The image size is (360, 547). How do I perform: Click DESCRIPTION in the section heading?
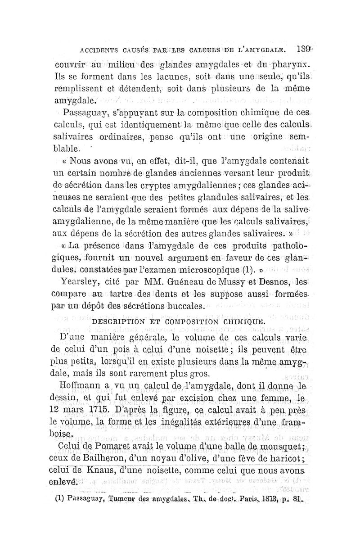118,322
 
